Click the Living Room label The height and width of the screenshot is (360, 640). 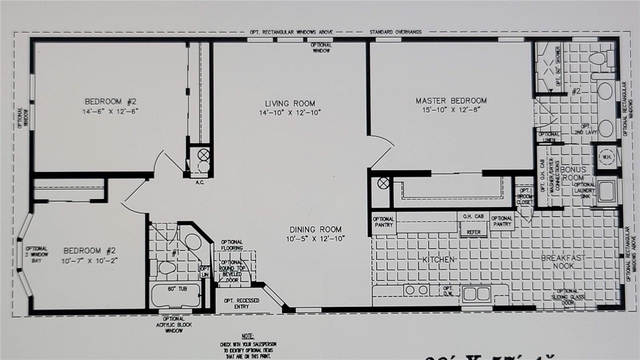[290, 104]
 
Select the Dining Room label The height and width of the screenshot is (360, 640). [315, 230]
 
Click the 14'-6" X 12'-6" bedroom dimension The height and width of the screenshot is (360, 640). [110, 112]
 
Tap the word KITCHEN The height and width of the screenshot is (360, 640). [439, 260]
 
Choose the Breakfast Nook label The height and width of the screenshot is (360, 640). [563, 262]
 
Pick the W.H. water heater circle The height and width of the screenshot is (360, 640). [606, 157]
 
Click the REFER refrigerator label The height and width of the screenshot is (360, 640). [473, 232]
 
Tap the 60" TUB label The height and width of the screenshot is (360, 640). [177, 288]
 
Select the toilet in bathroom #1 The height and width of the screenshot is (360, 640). [166, 268]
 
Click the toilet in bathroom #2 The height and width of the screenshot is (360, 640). [597, 58]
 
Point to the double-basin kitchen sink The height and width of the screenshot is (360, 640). [476, 294]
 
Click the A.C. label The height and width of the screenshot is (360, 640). [200, 182]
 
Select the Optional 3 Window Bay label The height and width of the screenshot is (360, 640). [37, 254]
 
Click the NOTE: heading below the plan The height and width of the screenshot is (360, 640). [248, 336]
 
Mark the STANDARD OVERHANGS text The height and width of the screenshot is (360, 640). [395, 32]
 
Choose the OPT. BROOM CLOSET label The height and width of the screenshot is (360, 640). [524, 196]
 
